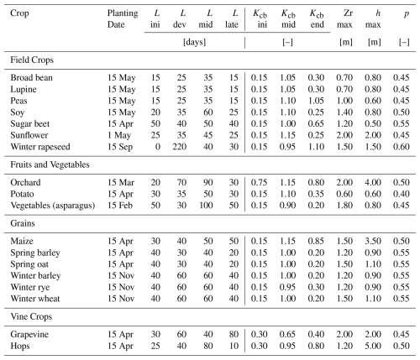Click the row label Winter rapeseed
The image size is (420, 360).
click(x=40, y=147)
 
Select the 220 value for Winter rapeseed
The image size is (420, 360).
click(x=180, y=147)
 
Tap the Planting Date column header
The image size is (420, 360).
click(x=123, y=18)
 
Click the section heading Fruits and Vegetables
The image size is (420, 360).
click(x=50, y=164)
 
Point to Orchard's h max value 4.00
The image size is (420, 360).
click(x=373, y=182)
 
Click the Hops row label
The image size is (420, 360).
click(x=20, y=346)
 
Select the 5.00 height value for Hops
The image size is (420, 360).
click(x=373, y=346)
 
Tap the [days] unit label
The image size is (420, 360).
click(x=194, y=42)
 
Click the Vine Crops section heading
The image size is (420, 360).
click(x=31, y=316)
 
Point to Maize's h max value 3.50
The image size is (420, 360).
click(x=373, y=241)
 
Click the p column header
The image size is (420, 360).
click(x=407, y=14)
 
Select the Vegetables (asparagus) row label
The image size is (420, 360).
click(x=53, y=206)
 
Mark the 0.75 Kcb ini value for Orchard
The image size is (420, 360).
click(x=259, y=182)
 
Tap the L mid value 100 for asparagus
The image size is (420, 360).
click(x=206, y=206)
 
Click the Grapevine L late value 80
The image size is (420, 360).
click(x=234, y=334)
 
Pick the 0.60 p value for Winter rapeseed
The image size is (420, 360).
click(x=402, y=147)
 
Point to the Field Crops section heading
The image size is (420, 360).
click(x=32, y=60)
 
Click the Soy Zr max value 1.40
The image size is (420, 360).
click(x=344, y=112)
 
